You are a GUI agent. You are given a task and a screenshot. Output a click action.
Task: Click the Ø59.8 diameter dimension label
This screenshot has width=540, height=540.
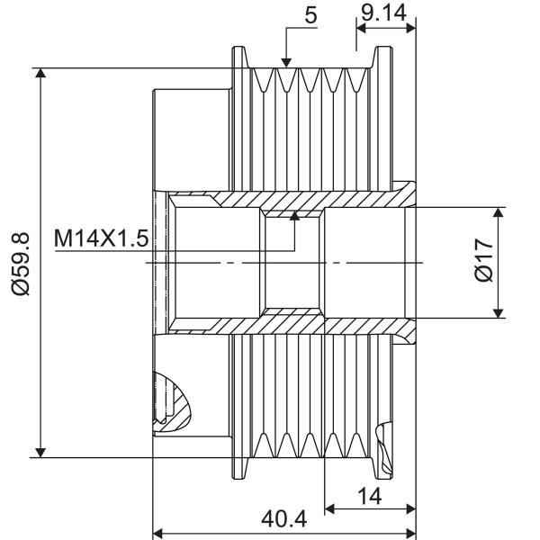[x=21, y=264]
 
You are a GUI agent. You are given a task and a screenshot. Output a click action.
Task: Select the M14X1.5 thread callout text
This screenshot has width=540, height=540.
[x=102, y=238]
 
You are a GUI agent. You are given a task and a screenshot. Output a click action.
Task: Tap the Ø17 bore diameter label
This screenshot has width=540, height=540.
[x=483, y=260]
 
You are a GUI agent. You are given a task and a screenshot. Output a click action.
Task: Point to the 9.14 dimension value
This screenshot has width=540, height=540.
[x=383, y=13]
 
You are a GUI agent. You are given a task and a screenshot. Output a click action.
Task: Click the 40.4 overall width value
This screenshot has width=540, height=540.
[x=283, y=518]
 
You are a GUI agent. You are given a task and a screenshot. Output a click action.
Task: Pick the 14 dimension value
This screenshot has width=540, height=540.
[x=370, y=496]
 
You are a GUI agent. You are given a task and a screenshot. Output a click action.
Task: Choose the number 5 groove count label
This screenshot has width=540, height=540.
[x=310, y=15]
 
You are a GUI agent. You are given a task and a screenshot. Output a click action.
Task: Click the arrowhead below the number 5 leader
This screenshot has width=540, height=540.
[x=286, y=62]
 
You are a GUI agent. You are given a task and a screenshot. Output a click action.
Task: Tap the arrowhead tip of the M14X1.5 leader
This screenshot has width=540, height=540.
[x=294, y=211]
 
